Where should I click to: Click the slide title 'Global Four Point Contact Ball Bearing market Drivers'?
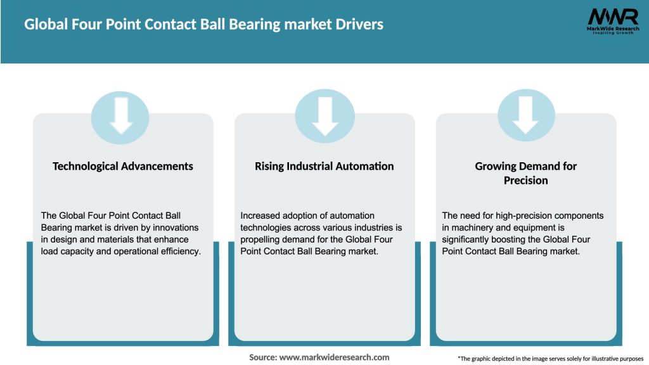click(x=203, y=25)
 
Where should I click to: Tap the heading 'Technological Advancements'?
click(x=123, y=166)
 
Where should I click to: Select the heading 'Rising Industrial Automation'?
click(x=324, y=166)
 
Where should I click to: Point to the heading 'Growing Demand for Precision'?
click(x=525, y=172)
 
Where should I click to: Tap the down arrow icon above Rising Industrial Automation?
click(x=324, y=116)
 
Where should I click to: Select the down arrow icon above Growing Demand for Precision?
click(x=525, y=116)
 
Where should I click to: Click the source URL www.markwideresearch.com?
click(x=334, y=357)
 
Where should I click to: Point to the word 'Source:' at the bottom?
click(x=263, y=357)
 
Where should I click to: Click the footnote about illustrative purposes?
click(x=550, y=359)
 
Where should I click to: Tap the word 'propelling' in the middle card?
click(x=262, y=240)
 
